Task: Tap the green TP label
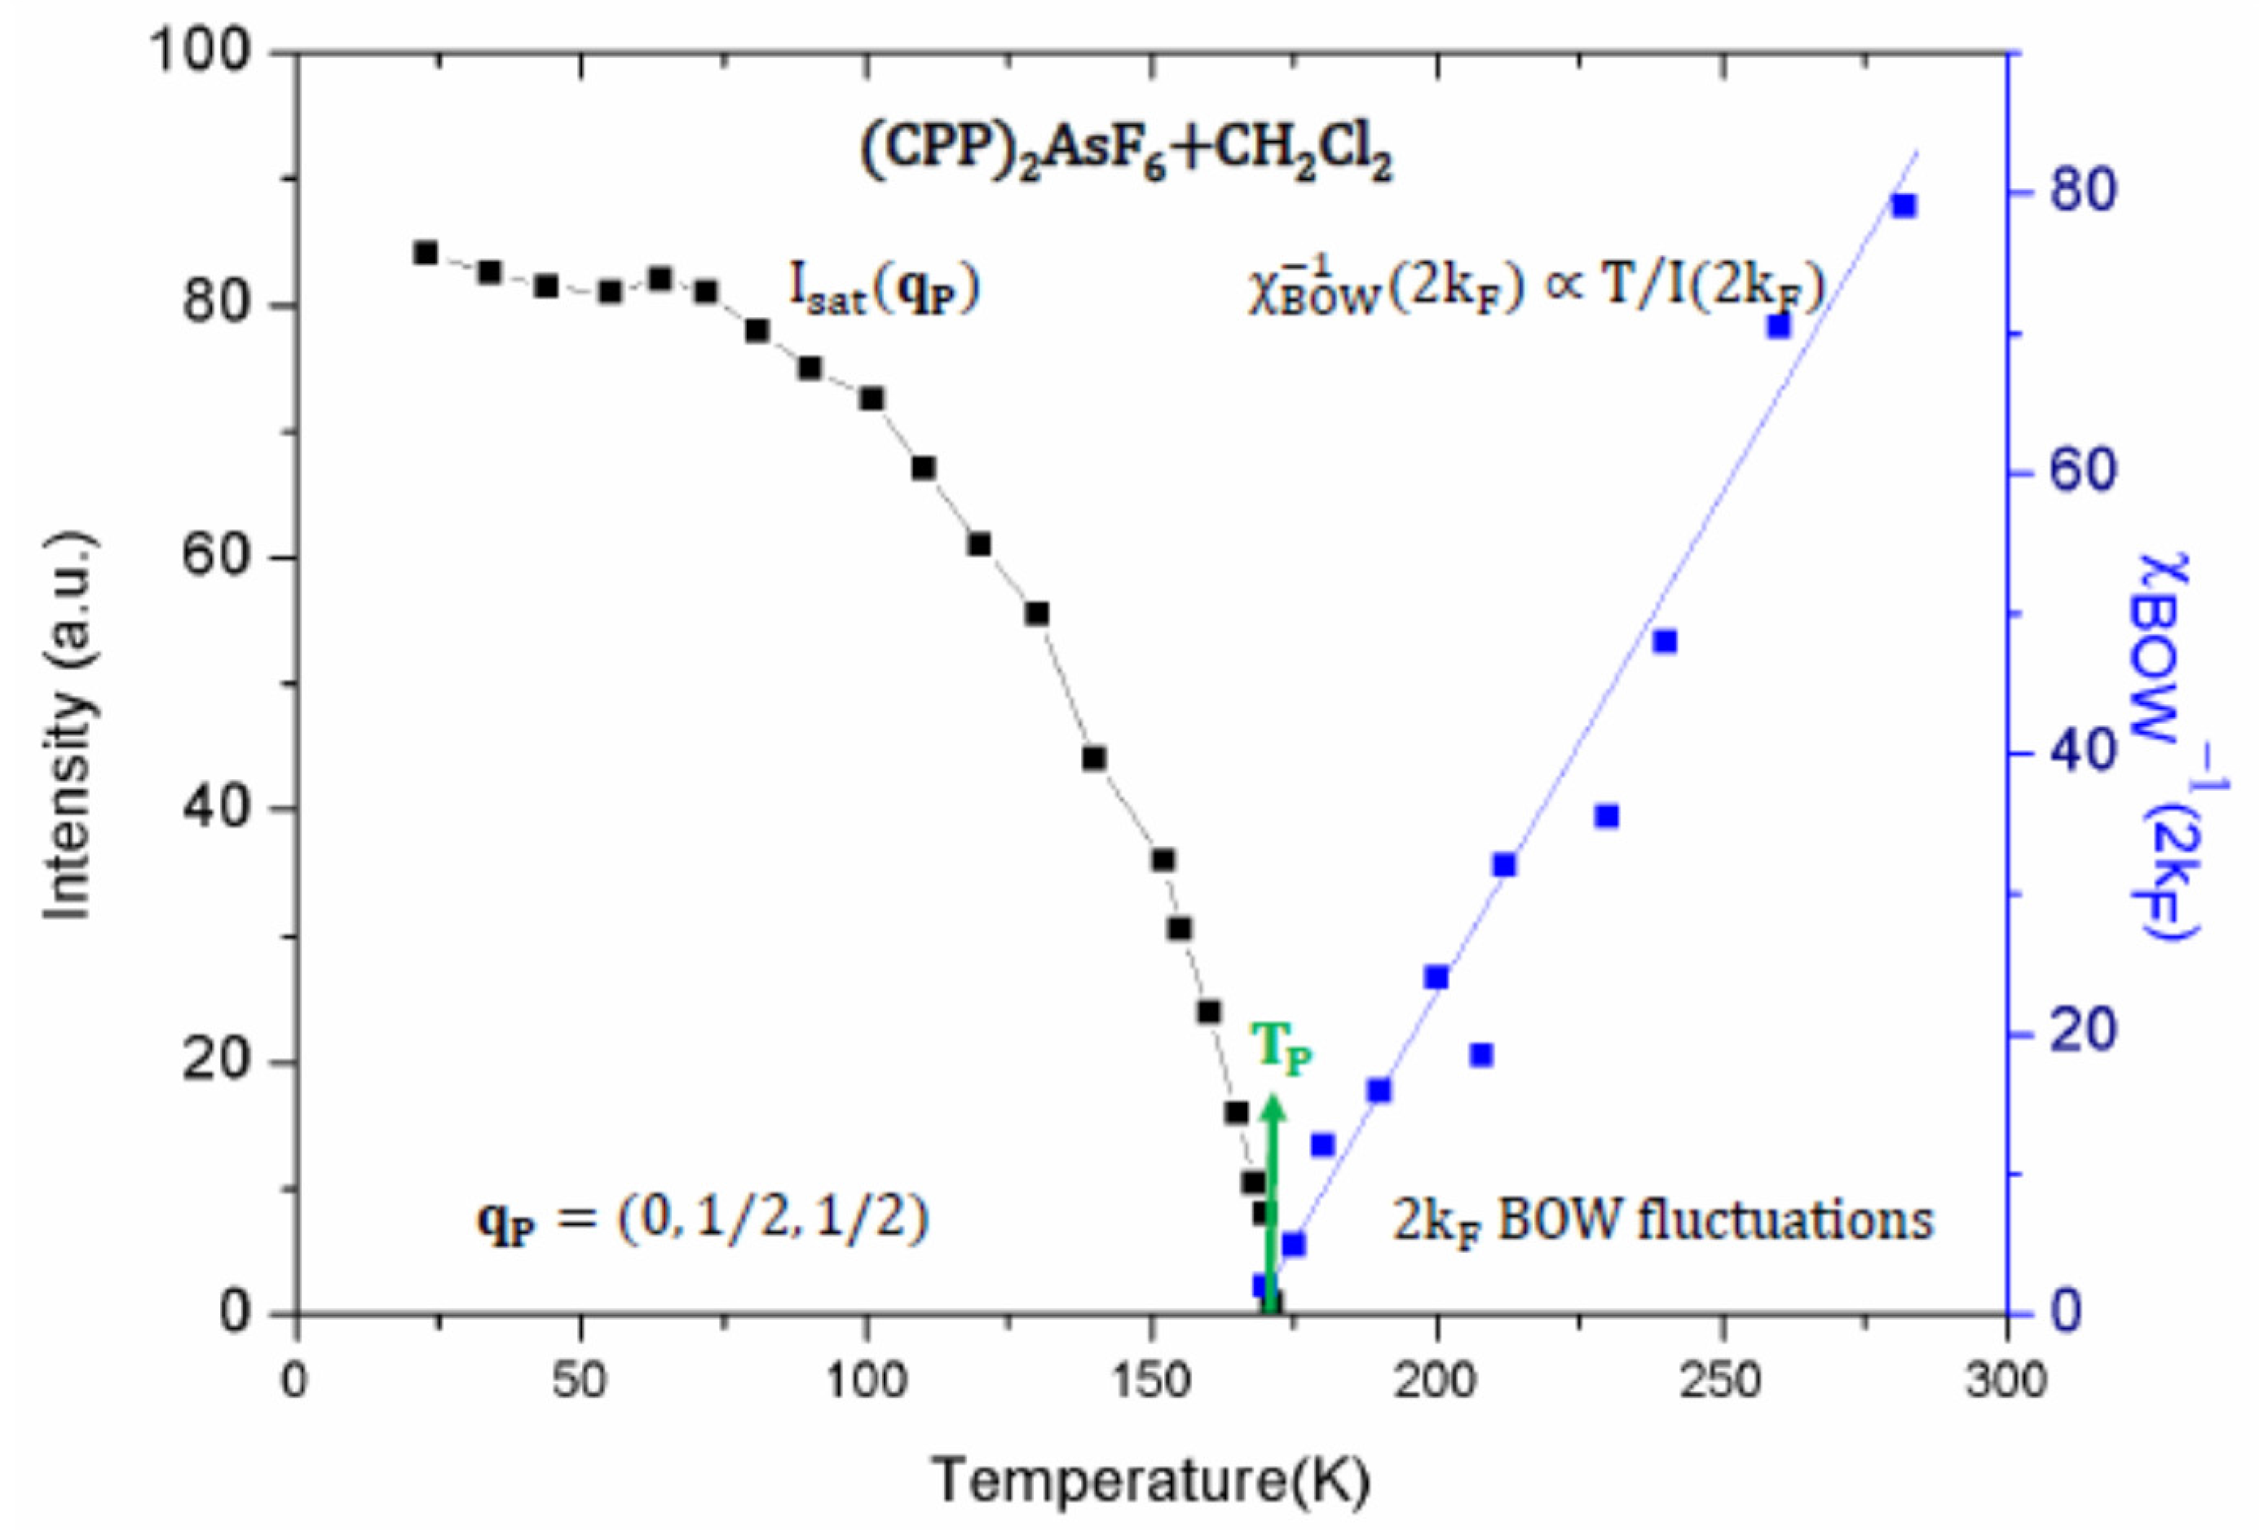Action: (1282, 1048)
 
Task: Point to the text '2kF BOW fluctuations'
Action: (1663, 1221)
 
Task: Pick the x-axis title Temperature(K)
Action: (1152, 1480)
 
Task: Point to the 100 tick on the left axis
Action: (201, 51)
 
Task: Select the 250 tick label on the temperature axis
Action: (1722, 1380)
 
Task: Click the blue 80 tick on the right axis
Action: (2082, 192)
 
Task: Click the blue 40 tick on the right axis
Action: (2082, 753)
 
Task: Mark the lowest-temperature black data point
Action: (425, 253)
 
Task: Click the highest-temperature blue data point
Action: (1904, 205)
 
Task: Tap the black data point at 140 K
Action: (1095, 758)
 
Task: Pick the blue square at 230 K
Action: (1607, 816)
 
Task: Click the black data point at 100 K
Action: (872, 399)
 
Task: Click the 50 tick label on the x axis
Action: (580, 1380)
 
